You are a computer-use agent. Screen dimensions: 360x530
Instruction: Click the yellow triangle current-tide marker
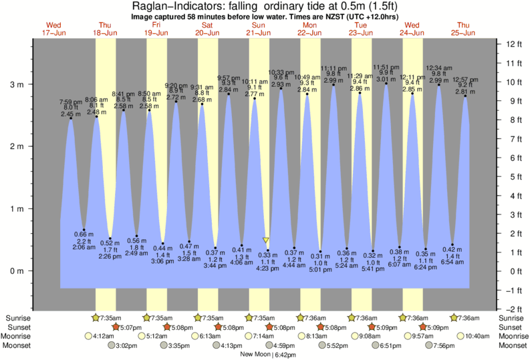(266, 240)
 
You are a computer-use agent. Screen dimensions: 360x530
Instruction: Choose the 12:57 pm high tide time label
(466, 79)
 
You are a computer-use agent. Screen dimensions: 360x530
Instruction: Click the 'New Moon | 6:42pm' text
(268, 355)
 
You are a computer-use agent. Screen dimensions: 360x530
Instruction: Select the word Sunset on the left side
(17, 327)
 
